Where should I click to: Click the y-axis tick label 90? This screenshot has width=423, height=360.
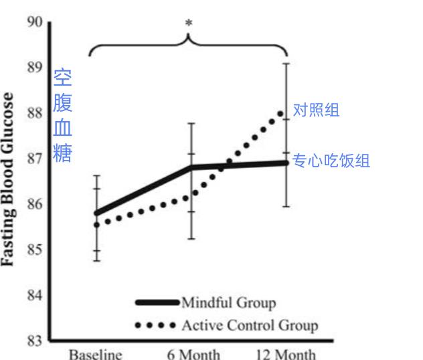click(35, 23)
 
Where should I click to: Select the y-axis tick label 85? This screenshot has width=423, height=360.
click(35, 250)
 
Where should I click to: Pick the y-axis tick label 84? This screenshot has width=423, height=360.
click(35, 296)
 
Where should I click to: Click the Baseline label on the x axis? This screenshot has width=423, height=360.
click(96, 353)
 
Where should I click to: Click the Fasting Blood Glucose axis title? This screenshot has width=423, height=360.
click(9, 179)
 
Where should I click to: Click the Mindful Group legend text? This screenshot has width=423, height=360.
click(228, 303)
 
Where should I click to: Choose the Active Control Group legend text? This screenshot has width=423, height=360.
click(250, 326)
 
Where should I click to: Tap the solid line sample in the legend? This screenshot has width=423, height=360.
click(157, 303)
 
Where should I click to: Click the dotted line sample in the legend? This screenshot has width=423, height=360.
click(157, 326)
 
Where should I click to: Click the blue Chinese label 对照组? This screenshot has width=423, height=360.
click(316, 110)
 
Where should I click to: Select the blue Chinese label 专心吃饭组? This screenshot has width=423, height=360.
click(331, 161)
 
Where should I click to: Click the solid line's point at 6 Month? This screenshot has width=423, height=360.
click(192, 167)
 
